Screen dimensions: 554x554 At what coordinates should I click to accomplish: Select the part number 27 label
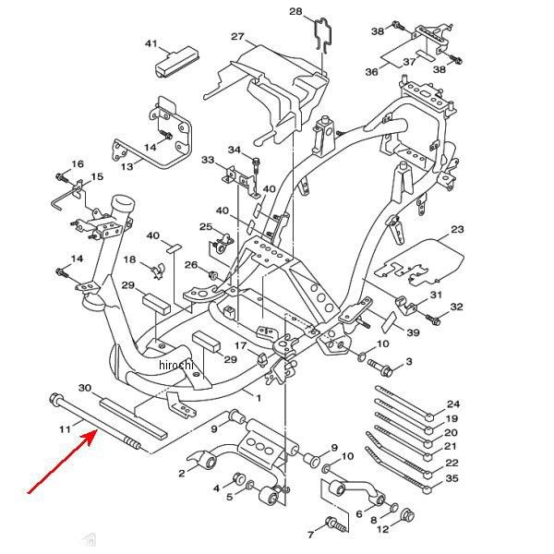[x=237, y=37]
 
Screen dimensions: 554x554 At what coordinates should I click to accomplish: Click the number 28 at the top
[x=295, y=11]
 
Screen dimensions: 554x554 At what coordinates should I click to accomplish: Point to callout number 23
[x=457, y=229]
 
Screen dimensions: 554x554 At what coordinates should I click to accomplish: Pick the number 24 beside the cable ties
[x=452, y=404]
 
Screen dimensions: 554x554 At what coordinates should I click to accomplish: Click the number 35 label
[x=452, y=477]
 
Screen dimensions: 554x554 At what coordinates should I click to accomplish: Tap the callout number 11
[x=65, y=428]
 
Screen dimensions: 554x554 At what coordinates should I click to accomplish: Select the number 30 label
[x=86, y=388]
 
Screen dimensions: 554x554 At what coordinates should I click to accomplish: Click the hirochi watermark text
[x=176, y=366]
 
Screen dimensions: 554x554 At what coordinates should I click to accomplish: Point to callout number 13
[x=126, y=166]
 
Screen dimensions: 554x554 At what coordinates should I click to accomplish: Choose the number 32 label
[x=456, y=307]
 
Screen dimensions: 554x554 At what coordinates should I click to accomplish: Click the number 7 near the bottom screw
[x=311, y=535]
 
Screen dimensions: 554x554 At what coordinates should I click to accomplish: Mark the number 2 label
[x=181, y=473]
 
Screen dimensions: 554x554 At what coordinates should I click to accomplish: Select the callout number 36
[x=372, y=72]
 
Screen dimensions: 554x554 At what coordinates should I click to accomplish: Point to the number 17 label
[x=240, y=346]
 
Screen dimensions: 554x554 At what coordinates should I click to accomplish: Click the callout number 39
[x=413, y=332]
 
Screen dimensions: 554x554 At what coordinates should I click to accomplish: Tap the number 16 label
[x=78, y=163]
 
